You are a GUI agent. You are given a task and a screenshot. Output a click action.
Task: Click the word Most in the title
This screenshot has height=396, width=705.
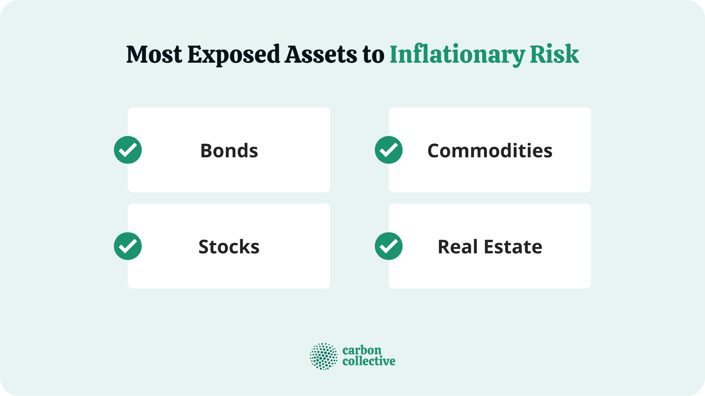(154, 55)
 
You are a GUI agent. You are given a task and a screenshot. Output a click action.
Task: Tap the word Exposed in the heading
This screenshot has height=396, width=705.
(234, 55)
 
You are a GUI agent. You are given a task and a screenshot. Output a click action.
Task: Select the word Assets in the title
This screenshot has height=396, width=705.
(321, 55)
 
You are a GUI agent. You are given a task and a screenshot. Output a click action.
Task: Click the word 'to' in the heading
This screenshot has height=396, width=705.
(373, 55)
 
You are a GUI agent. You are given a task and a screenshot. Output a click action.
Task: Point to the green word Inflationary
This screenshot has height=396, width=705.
(457, 55)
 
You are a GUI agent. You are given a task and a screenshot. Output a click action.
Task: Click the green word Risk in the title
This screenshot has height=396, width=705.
(554, 55)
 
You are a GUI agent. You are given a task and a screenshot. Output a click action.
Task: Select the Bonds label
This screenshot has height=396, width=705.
(229, 151)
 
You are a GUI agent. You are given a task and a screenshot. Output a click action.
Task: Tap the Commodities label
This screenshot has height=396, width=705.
(490, 151)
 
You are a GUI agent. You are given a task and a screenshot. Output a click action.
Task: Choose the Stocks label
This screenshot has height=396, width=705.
(229, 247)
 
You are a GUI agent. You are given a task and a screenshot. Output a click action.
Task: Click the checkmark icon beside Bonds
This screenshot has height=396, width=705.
(128, 150)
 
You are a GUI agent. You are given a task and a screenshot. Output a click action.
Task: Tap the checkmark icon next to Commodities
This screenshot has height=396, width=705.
(388, 150)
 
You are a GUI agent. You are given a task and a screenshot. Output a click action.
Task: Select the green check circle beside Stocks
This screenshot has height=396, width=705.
(128, 246)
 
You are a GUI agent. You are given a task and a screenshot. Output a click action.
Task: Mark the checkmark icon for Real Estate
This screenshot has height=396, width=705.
(388, 246)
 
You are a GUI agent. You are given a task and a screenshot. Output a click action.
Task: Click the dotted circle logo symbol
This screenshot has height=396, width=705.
(323, 356)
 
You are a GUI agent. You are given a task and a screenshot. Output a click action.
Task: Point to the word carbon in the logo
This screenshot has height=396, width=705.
(362, 350)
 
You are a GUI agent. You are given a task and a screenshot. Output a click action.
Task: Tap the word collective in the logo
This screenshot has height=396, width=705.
(369, 361)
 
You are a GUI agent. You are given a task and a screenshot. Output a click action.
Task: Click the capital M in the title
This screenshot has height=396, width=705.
(137, 55)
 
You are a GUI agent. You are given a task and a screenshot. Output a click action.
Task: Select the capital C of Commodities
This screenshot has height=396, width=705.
(435, 151)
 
